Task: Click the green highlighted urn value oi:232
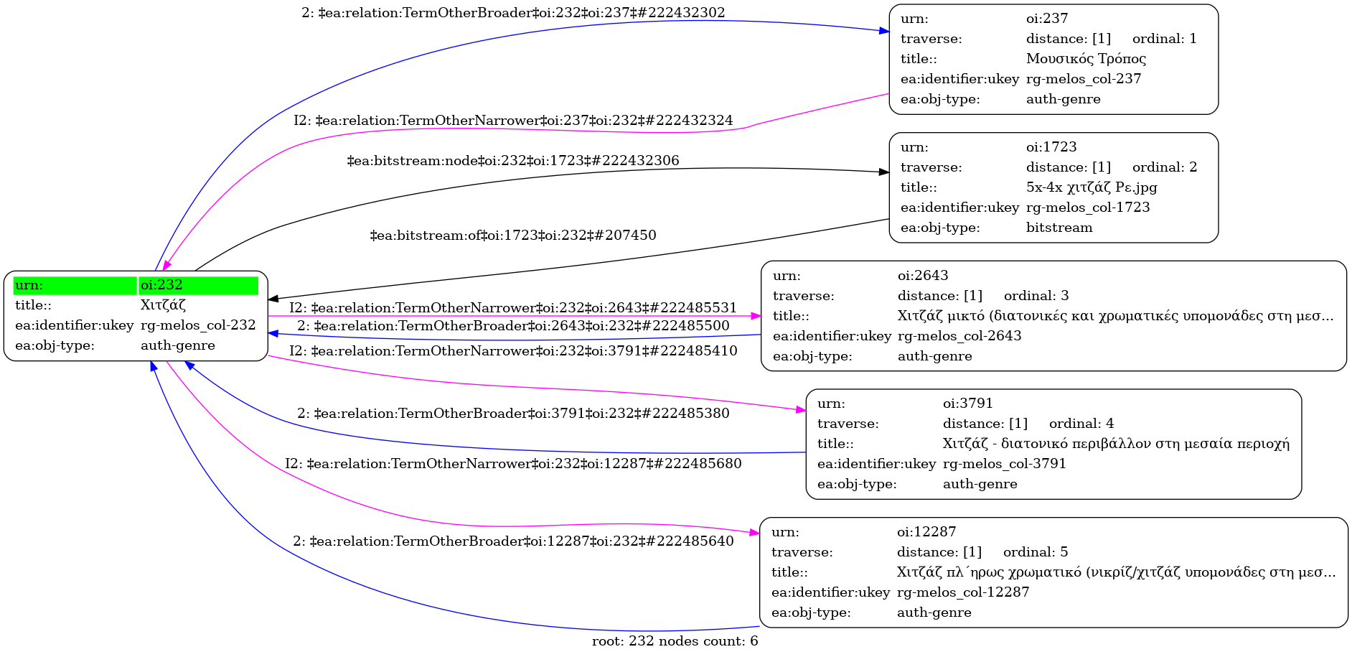(161, 285)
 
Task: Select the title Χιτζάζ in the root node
(163, 305)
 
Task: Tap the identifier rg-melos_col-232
(198, 325)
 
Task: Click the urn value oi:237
(1047, 19)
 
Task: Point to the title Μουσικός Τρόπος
(1086, 59)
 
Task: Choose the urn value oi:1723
(1051, 147)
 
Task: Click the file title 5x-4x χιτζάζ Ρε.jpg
(1092, 187)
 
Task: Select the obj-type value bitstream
(1059, 228)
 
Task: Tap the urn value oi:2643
(923, 276)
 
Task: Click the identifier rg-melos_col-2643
(959, 336)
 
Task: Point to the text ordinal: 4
(1081, 424)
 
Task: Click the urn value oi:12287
(926, 532)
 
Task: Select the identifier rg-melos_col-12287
(963, 592)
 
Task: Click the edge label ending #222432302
(513, 13)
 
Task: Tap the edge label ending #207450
(513, 236)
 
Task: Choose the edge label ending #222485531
(513, 308)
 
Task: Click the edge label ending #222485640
(513, 541)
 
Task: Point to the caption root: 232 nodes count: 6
(675, 641)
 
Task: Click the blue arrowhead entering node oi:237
(884, 31)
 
